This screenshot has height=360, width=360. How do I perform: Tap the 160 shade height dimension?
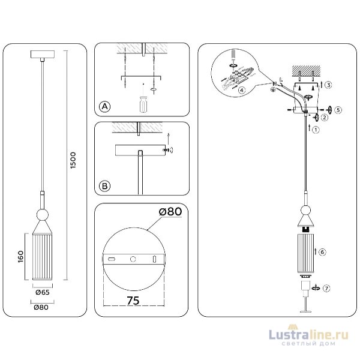click(21, 256)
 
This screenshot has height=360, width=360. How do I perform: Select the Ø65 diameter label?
click(41, 292)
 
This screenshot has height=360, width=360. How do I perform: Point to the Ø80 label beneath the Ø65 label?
click(41, 307)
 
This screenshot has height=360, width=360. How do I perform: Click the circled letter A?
click(104, 107)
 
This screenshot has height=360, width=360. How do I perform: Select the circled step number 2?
click(324, 118)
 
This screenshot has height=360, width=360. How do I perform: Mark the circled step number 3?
click(329, 86)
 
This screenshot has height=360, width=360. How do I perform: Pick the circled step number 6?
click(322, 251)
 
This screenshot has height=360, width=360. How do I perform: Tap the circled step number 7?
click(326, 288)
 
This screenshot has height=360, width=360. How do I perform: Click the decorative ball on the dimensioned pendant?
click(42, 214)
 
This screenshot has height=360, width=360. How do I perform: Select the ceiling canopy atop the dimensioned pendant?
click(42, 55)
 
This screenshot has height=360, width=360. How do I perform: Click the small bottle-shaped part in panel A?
click(143, 104)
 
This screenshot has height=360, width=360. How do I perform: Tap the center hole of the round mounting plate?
click(133, 259)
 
